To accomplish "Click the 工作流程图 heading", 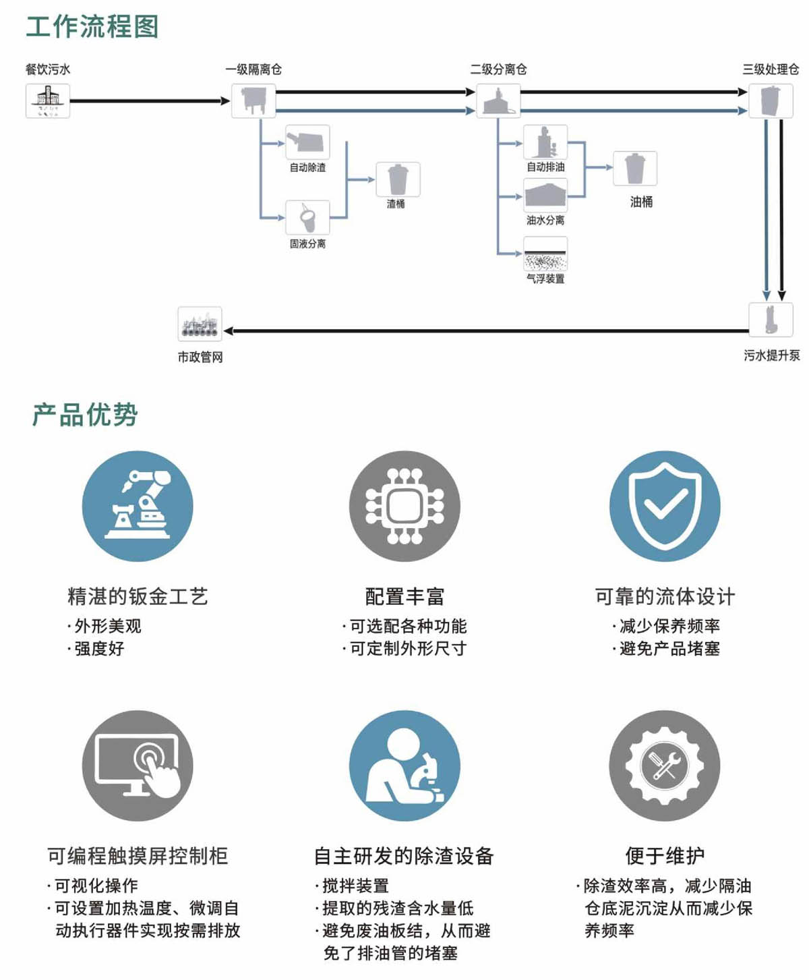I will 92,27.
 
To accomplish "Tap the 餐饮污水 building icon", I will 48,101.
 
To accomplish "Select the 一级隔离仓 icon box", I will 253,101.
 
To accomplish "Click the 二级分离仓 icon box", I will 498,101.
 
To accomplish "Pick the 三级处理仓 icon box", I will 771,101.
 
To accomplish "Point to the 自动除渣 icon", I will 307,142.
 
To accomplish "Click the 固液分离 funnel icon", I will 307,218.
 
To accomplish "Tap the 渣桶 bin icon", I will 398,179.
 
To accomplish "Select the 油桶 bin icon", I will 635,169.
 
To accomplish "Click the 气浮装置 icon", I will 545,255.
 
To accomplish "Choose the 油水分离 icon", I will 545,196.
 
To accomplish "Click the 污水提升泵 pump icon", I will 771,320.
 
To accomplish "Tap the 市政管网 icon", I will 200,324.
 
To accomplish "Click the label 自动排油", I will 545,167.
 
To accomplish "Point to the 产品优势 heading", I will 85,415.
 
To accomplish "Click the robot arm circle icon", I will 138,506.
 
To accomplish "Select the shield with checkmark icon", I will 665,506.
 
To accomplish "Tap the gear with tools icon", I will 665,766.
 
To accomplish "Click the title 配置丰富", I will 404,596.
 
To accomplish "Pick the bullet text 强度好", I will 99,649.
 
